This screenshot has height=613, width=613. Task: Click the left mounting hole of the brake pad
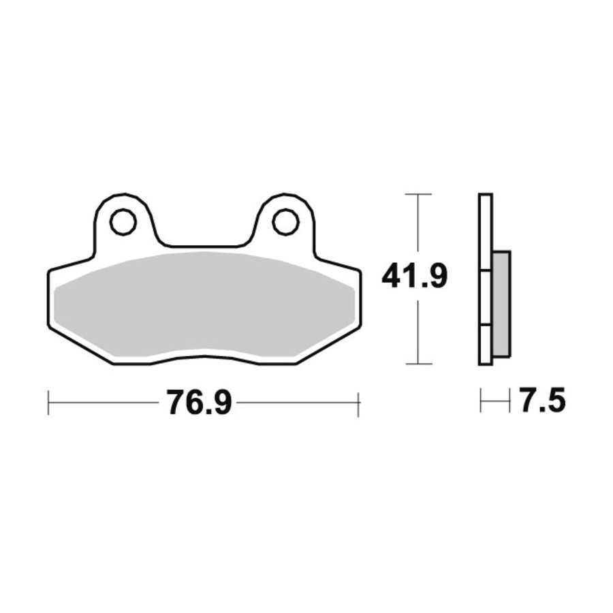(x=123, y=222)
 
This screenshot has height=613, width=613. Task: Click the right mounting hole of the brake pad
(x=286, y=222)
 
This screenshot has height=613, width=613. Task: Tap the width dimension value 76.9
(x=200, y=403)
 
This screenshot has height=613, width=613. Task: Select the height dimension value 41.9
(x=414, y=276)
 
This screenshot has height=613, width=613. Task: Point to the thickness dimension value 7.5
(x=543, y=400)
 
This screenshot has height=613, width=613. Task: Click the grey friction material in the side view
(x=501, y=304)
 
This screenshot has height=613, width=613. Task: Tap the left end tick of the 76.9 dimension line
(x=48, y=403)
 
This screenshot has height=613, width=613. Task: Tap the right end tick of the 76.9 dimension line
(x=358, y=403)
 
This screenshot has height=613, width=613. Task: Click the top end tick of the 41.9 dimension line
(x=419, y=194)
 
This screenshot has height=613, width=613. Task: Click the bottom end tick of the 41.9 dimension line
(x=419, y=364)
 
